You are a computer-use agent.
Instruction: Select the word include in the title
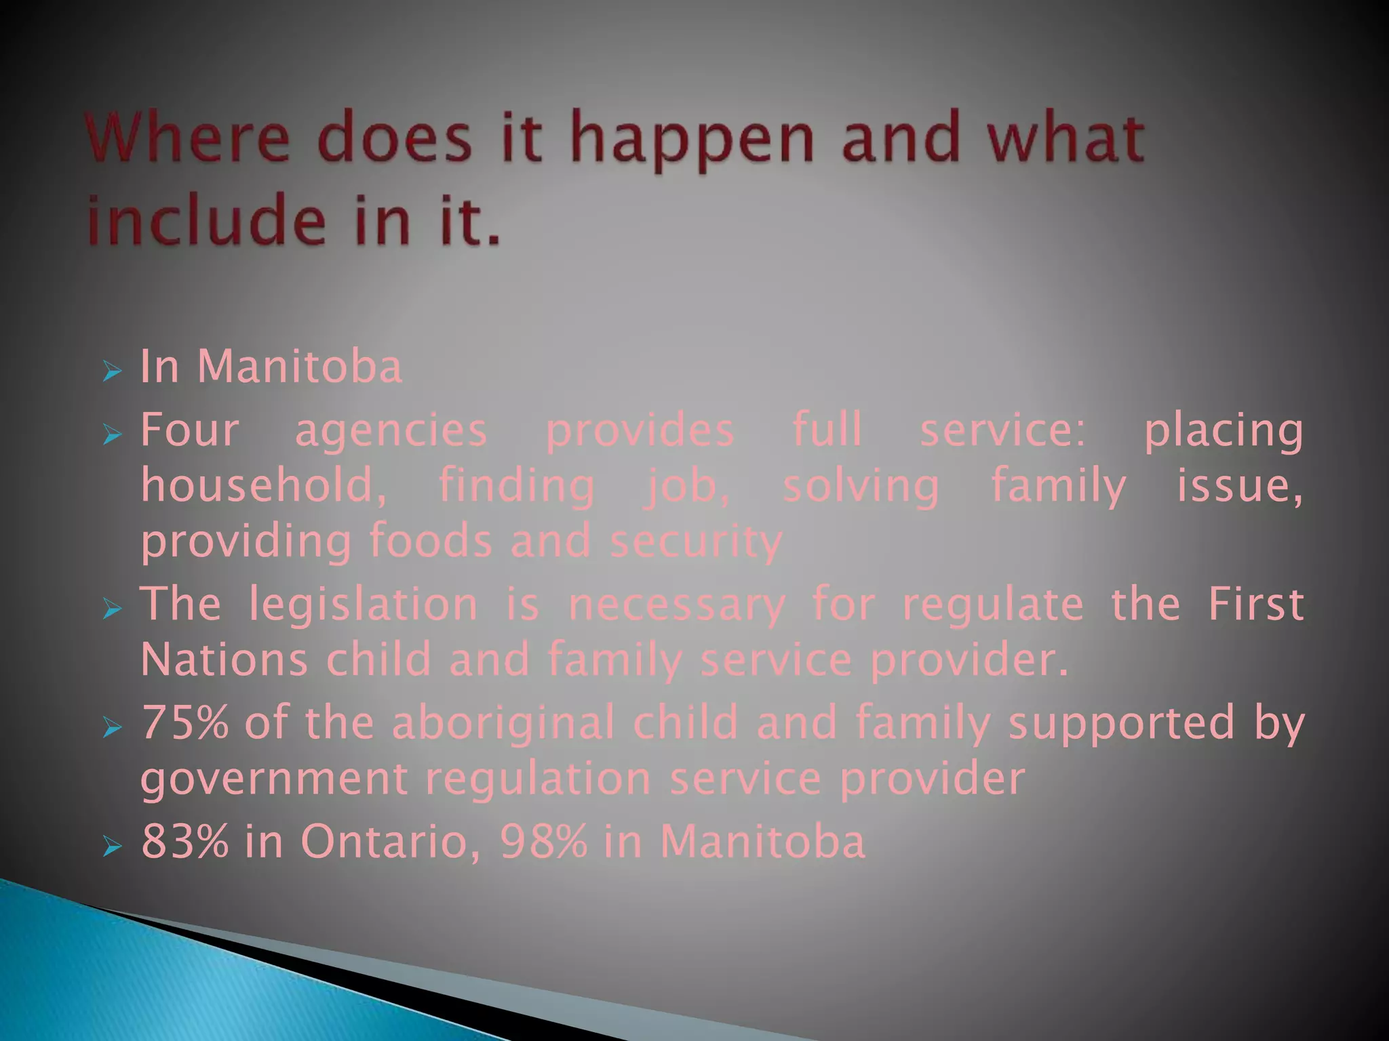click(207, 220)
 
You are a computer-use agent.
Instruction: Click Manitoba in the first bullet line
click(299, 367)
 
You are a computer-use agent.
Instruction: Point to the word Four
click(190, 430)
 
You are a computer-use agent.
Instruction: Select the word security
click(697, 543)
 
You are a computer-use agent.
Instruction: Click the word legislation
click(364, 605)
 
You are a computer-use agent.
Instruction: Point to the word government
click(274, 780)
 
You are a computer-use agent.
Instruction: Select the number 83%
click(185, 841)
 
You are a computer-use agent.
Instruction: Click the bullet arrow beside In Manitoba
click(112, 371)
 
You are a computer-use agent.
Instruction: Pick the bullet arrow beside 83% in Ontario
click(112, 846)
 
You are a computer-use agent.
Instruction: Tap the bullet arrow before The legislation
click(112, 609)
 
